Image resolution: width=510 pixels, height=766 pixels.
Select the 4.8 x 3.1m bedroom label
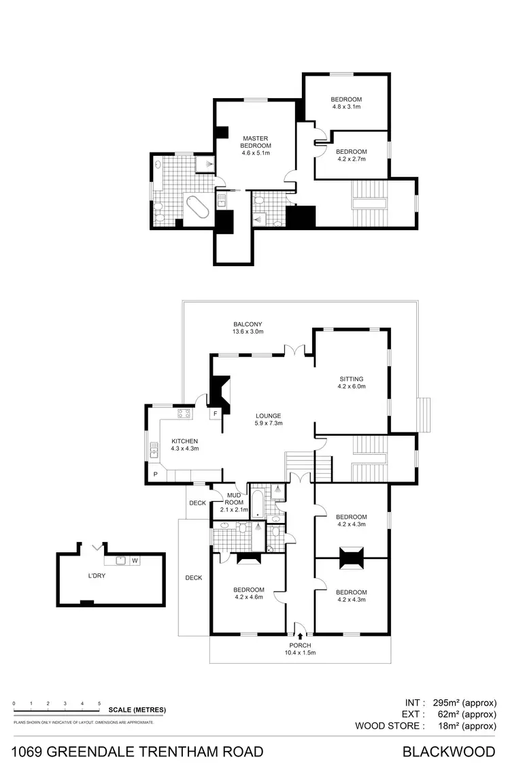point(346,103)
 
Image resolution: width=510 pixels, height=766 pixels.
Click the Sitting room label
point(352,383)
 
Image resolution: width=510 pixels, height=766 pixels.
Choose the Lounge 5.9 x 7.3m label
point(268,419)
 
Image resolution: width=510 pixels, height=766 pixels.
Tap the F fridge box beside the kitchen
point(215,413)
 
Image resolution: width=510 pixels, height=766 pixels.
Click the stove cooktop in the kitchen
point(184,413)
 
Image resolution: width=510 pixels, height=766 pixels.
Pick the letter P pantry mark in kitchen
point(155,474)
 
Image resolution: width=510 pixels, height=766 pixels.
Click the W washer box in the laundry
point(135,561)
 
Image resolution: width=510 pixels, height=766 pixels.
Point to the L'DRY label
point(97,576)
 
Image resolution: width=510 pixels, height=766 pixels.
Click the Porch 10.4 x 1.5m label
point(300,649)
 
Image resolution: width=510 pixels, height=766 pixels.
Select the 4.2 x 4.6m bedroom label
point(249,594)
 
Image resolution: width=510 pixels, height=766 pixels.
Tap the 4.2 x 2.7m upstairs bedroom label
point(351,155)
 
